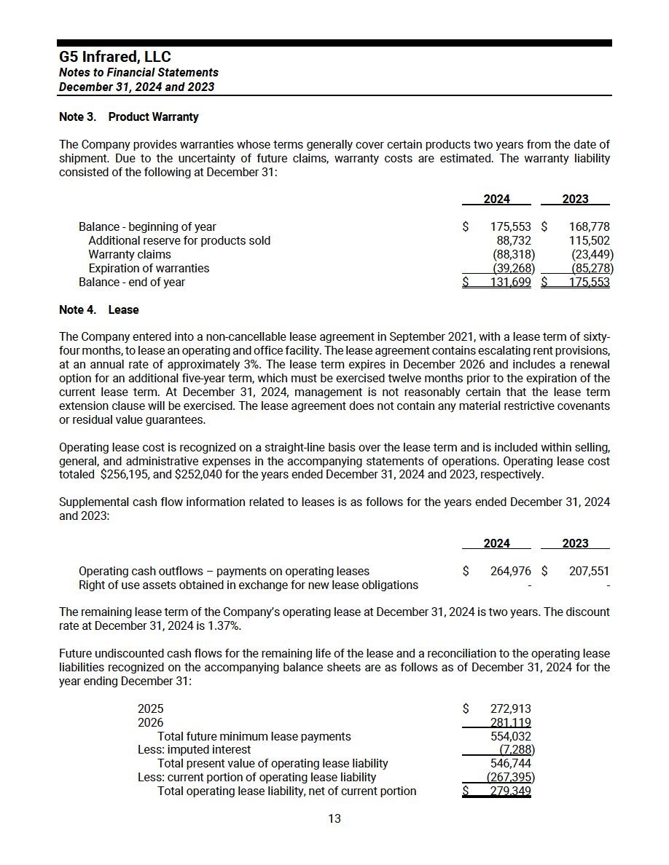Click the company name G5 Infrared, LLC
tap(115, 57)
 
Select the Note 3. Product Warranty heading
tap(128, 116)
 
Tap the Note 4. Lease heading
tap(98, 309)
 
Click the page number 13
tap(334, 818)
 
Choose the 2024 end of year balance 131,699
tap(510, 282)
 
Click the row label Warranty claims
tap(130, 254)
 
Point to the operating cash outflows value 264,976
tap(510, 571)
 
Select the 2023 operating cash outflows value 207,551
tap(589, 571)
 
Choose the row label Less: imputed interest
tap(194, 749)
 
